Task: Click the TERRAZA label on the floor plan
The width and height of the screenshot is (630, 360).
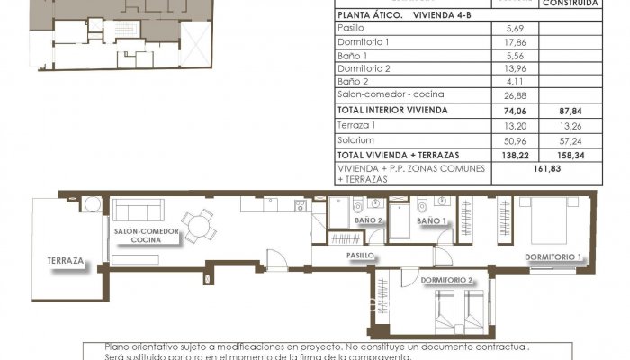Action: [x=67, y=262]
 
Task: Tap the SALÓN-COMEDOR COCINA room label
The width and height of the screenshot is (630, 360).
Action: [x=146, y=236]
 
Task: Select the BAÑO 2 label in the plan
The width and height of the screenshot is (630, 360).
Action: [x=368, y=220]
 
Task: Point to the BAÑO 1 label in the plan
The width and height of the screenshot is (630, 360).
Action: [x=432, y=220]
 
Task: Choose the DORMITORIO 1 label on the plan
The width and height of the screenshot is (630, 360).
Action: [x=554, y=256]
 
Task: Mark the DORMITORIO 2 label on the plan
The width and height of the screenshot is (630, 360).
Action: [x=446, y=281]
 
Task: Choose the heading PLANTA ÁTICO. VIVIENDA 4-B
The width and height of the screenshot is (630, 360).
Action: [x=403, y=15]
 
